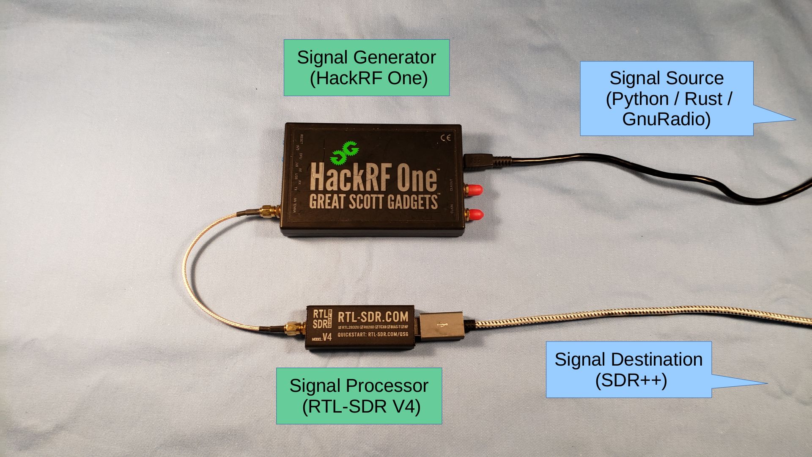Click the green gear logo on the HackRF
click(345, 152)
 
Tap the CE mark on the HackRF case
click(446, 138)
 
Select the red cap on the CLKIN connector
click(476, 214)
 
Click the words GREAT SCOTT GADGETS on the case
click(373, 202)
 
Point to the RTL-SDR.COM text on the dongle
click(373, 317)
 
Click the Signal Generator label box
click(366, 68)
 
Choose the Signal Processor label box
click(359, 396)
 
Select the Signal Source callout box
click(666, 99)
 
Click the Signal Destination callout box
click(628, 369)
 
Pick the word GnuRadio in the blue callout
click(666, 119)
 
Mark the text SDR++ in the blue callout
click(631, 380)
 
